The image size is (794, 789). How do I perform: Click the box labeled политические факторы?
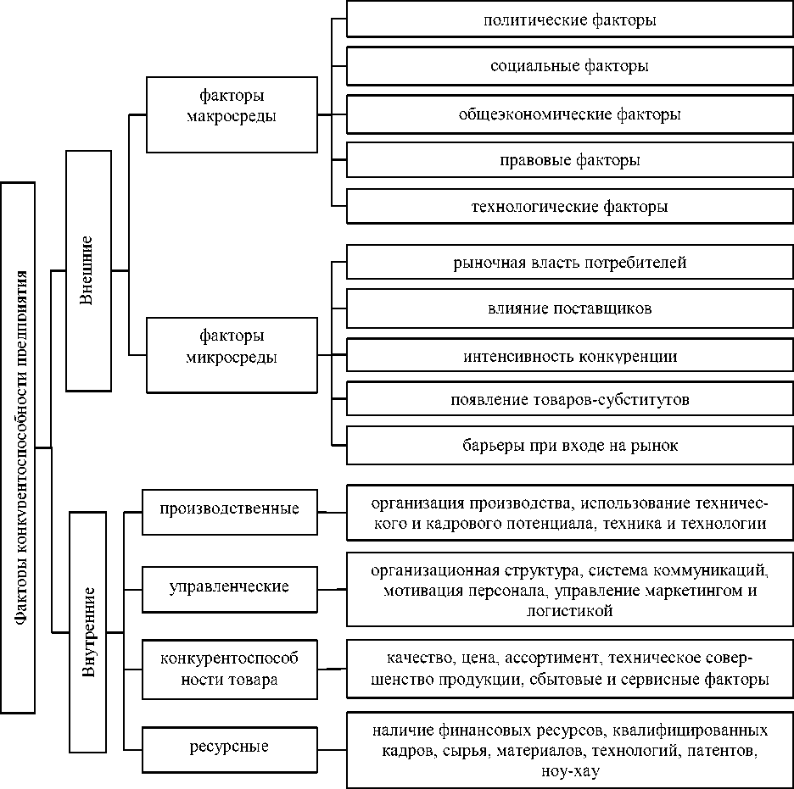point(569,20)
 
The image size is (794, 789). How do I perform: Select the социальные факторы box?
point(569,66)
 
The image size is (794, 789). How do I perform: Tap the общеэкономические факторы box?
point(569,113)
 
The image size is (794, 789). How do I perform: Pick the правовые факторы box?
point(569,159)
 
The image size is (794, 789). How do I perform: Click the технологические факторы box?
point(569,206)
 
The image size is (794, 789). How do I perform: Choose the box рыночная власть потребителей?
point(569,263)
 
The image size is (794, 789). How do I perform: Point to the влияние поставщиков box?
point(569,308)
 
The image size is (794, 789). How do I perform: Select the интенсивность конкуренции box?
point(569,356)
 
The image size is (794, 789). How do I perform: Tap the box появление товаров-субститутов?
point(569,400)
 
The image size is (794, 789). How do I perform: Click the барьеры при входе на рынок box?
point(569,446)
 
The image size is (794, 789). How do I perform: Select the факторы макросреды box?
point(231,114)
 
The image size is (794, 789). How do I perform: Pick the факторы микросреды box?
point(231,355)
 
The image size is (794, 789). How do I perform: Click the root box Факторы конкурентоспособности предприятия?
point(18,447)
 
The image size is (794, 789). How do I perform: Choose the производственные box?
point(229,510)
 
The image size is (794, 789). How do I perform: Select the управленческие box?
point(229,587)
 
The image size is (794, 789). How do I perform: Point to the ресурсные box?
point(229,747)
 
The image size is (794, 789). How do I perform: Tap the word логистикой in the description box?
point(569,610)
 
